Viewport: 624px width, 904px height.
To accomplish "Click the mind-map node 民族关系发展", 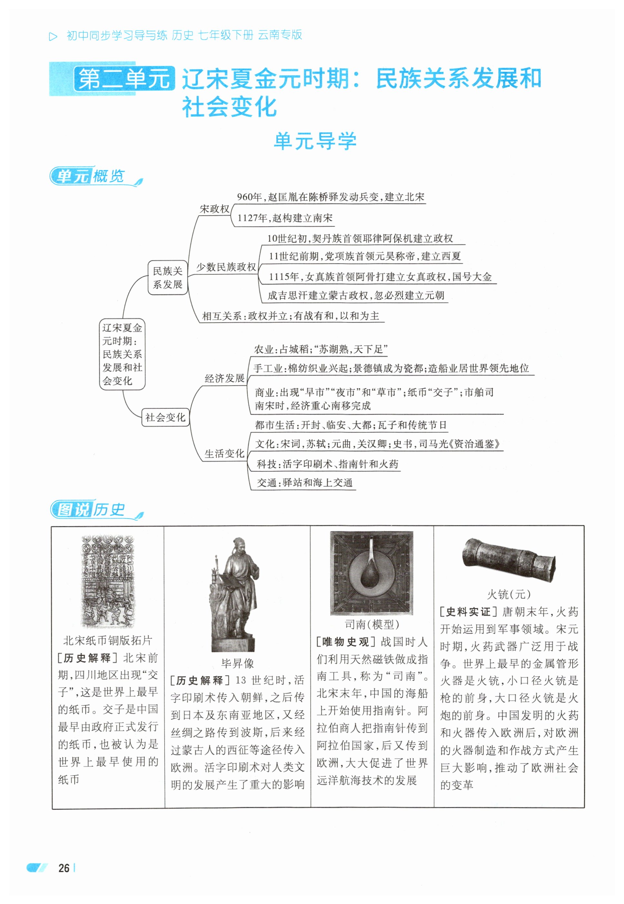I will coord(167,277).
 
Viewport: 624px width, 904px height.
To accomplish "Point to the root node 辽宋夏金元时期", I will coord(122,354).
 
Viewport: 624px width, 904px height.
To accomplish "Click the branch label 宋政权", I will coord(214,209).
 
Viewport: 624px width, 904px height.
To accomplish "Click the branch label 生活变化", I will coord(225,453).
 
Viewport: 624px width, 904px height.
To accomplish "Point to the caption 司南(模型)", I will coord(371,624).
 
